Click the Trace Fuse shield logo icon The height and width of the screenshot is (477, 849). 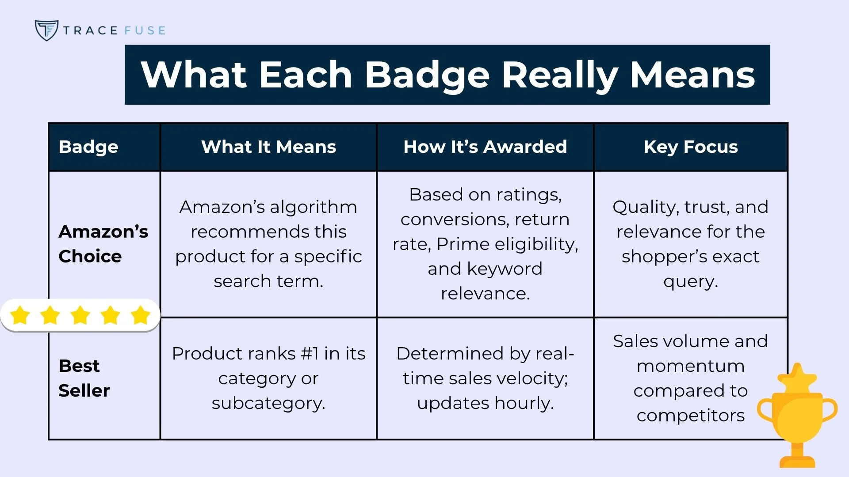[x=46, y=30]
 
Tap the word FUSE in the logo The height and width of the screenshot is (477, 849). [x=145, y=30]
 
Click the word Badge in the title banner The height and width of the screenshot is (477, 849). [x=427, y=75]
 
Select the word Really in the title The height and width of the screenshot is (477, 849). [x=560, y=75]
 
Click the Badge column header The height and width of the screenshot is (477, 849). [x=88, y=147]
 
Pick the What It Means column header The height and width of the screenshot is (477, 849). [x=268, y=147]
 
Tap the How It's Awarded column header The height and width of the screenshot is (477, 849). [x=485, y=147]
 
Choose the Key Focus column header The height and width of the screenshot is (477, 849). [x=691, y=147]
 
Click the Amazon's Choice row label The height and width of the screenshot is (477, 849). [x=103, y=244]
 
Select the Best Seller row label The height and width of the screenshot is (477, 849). [x=84, y=378]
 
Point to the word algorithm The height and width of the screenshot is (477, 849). [x=314, y=207]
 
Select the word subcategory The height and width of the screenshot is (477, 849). [x=268, y=403]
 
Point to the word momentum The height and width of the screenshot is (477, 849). [x=691, y=366]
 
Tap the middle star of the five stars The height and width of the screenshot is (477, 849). [x=80, y=315]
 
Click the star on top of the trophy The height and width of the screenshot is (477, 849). [x=797, y=376]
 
